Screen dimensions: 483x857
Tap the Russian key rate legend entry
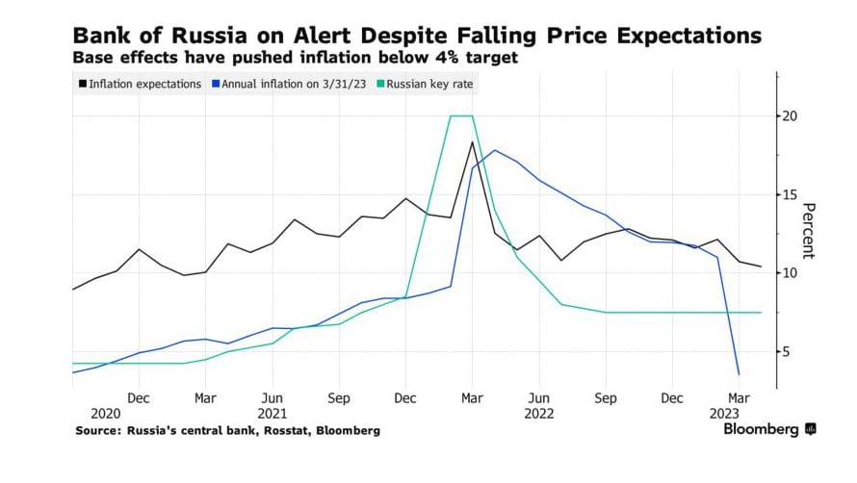coord(429,85)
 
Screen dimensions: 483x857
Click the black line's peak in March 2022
coord(472,142)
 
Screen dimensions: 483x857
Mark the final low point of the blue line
coord(739,374)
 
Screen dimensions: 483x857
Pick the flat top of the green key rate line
coord(461,116)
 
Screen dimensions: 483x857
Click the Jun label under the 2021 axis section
coord(273,396)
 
